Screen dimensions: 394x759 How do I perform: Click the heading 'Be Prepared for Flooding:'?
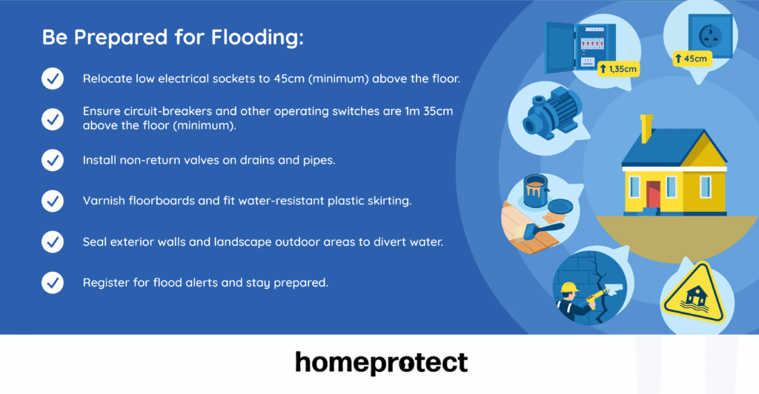click(173, 39)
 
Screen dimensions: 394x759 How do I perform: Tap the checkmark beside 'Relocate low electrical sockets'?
click(52, 79)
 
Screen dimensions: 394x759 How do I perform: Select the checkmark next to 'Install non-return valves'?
click(52, 160)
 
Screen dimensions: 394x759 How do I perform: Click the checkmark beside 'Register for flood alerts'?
click(52, 282)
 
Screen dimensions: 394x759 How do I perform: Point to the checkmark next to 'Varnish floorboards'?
click(52, 200)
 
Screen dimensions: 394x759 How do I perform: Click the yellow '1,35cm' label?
click(617, 69)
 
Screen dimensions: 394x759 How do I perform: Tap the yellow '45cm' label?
click(692, 59)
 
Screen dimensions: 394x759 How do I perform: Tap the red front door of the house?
click(653, 195)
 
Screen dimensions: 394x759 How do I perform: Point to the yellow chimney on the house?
click(646, 128)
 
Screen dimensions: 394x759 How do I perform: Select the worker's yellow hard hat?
click(569, 288)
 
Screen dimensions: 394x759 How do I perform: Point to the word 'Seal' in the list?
click(95, 241)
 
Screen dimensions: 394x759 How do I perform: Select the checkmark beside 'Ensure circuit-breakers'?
click(52, 118)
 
